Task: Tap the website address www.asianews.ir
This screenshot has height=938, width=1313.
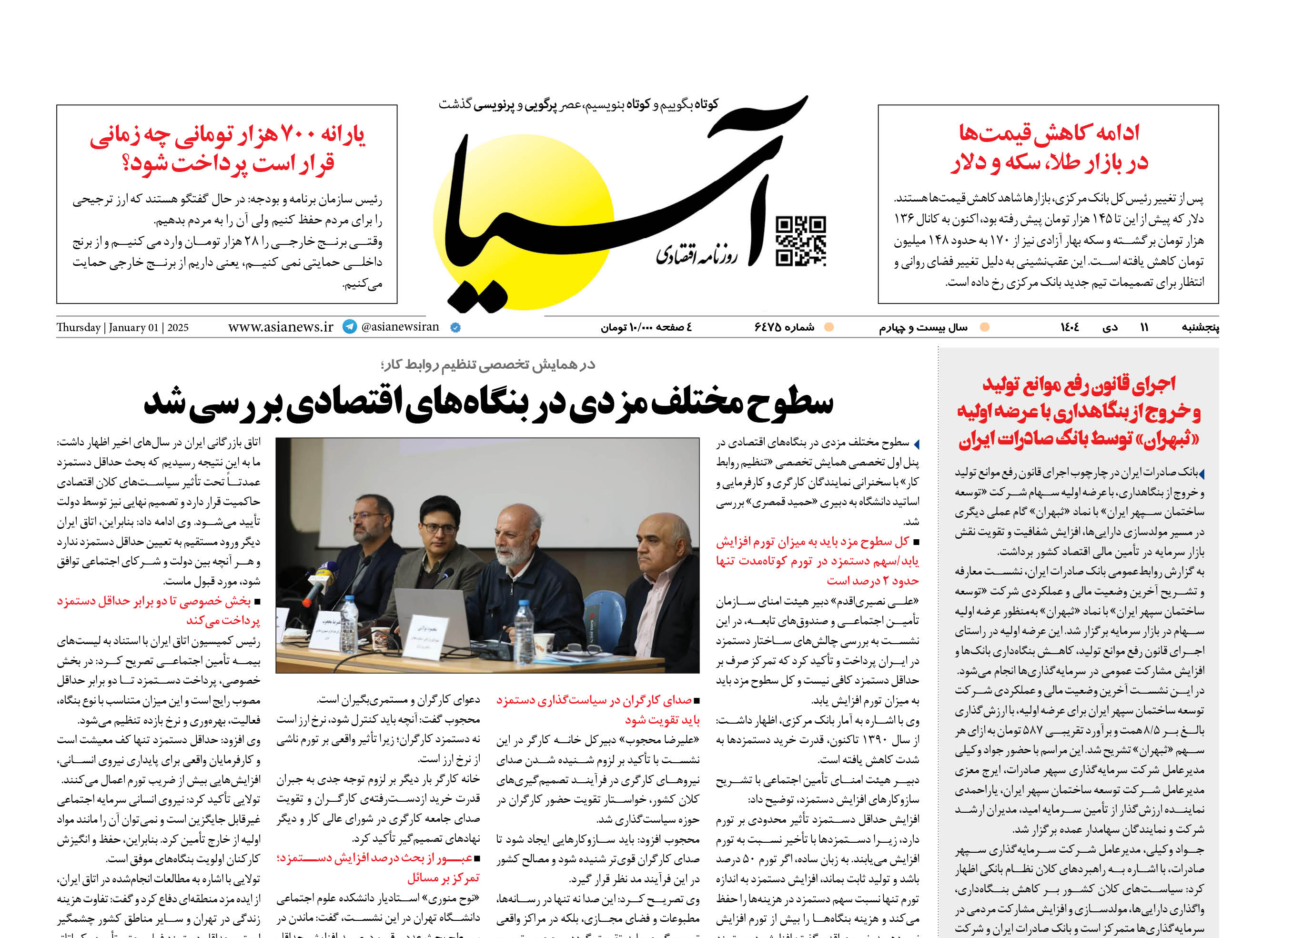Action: pyautogui.click(x=281, y=327)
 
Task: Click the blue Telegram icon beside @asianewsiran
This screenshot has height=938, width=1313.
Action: pyautogui.click(x=350, y=326)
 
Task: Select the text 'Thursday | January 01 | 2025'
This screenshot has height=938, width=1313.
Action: pyautogui.click(x=122, y=327)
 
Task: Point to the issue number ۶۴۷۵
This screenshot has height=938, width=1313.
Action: pyautogui.click(x=784, y=327)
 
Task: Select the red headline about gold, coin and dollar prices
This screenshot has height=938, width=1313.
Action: pyautogui.click(x=1049, y=147)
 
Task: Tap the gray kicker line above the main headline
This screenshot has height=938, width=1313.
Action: pyautogui.click(x=488, y=364)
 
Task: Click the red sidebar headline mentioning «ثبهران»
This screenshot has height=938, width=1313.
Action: pyautogui.click(x=1079, y=411)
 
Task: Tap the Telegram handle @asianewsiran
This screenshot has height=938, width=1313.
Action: pyautogui.click(x=400, y=327)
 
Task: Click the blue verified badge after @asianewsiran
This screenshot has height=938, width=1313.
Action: pyautogui.click(x=455, y=327)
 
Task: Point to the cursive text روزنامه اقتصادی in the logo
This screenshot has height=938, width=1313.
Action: pyautogui.click(x=696, y=254)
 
